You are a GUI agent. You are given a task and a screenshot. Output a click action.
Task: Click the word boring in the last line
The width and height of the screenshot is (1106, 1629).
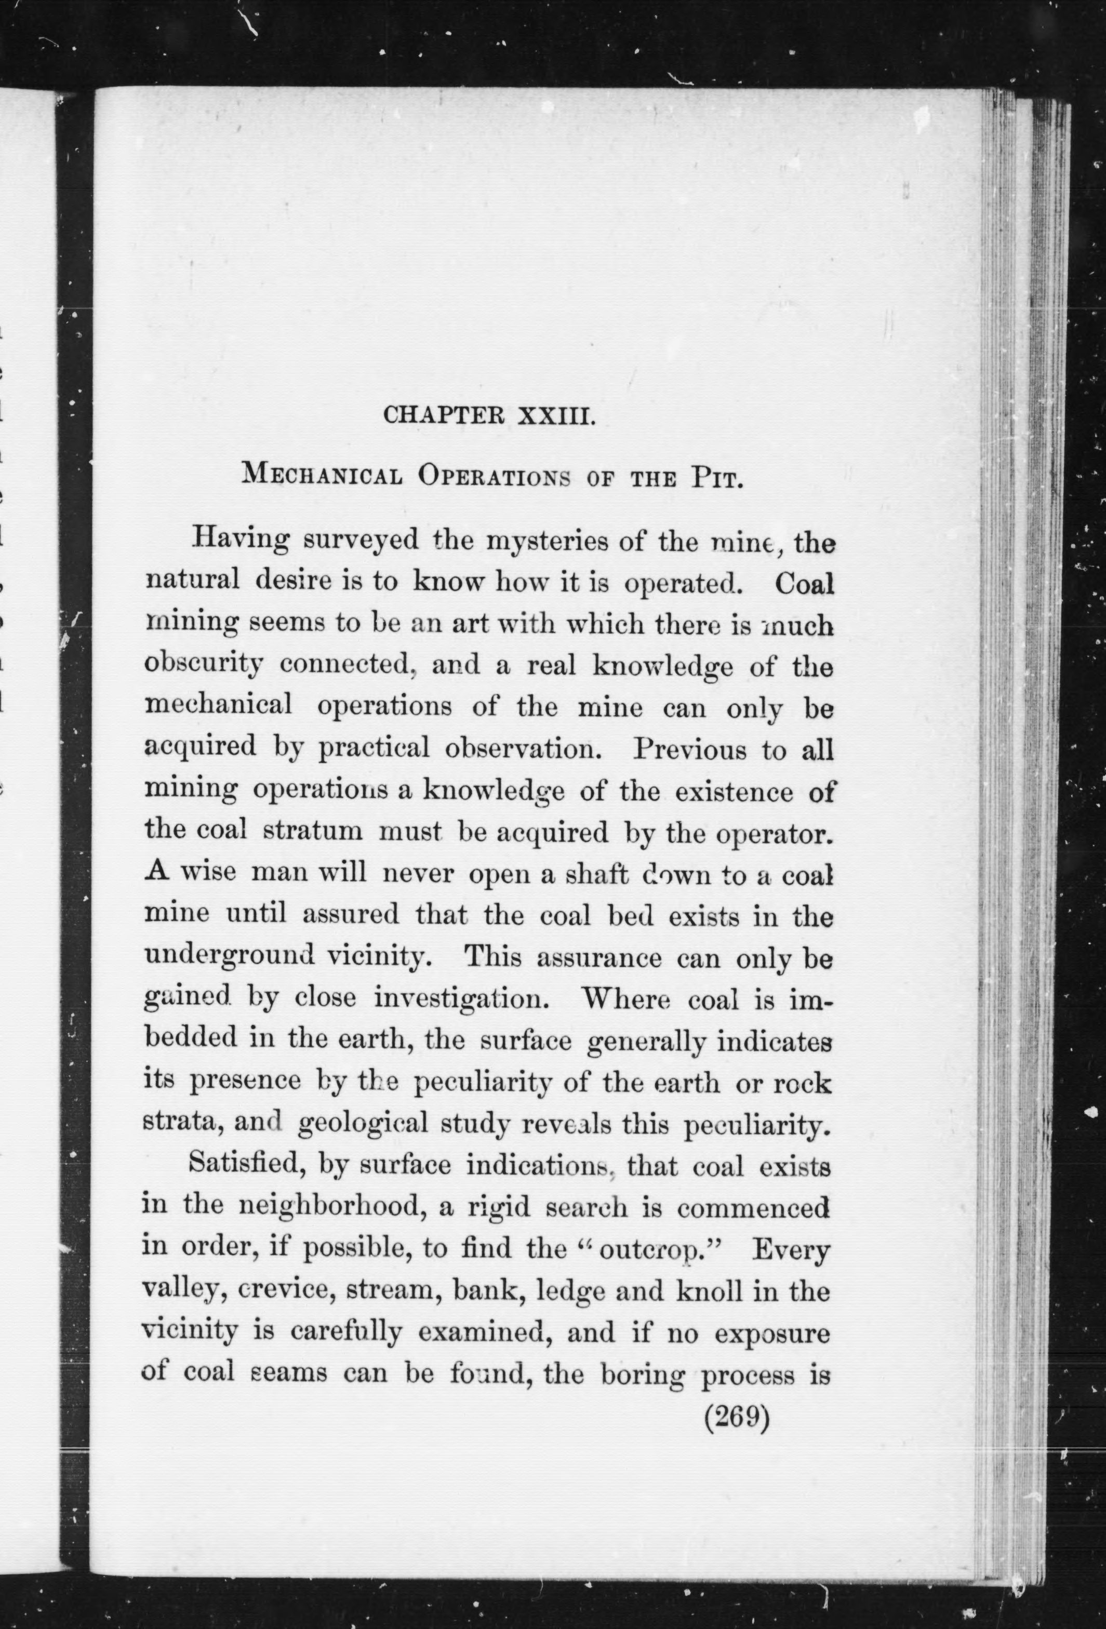coord(643,1374)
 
